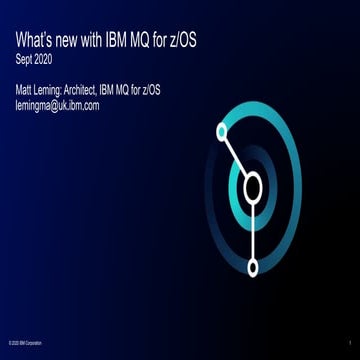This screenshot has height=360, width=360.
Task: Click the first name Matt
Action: pos(25,91)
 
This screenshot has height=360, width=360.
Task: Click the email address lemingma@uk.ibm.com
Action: pos(57,105)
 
